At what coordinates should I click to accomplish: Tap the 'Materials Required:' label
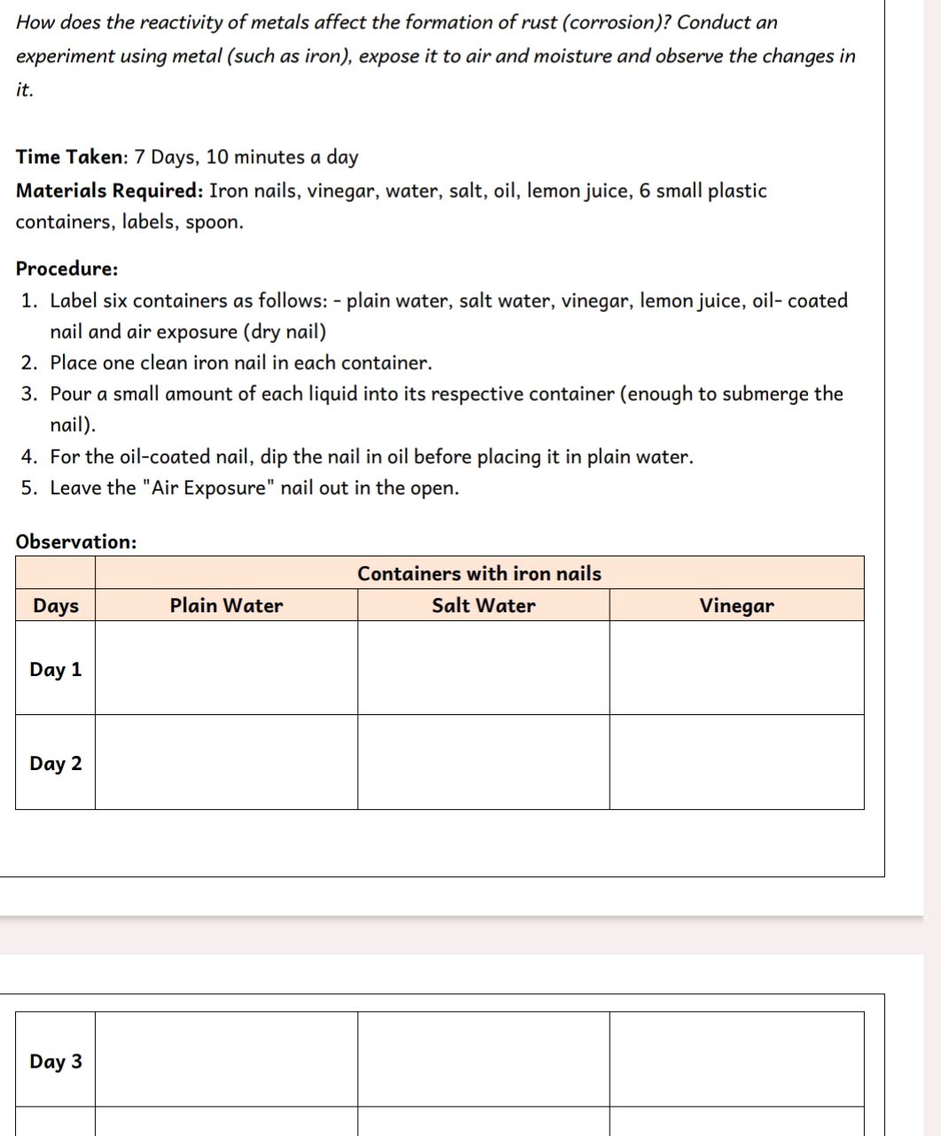click(110, 191)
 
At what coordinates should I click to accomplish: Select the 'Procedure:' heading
click(66, 268)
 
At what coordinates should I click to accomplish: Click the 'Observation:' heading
click(76, 541)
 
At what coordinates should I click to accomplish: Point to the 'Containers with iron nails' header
click(479, 573)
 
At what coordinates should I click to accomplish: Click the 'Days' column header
click(56, 606)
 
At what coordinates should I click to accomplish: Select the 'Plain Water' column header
click(226, 606)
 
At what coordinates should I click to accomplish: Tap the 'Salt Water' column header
click(484, 606)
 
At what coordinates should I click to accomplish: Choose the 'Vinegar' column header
click(736, 606)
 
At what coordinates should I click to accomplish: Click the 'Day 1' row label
click(56, 670)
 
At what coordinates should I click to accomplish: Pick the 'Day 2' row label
click(56, 764)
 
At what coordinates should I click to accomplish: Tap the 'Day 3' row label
click(56, 1062)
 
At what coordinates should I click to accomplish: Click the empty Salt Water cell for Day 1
click(484, 668)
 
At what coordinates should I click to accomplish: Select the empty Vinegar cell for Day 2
click(736, 762)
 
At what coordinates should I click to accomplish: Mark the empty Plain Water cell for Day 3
click(226, 1060)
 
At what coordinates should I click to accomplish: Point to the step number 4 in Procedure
click(29, 457)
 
